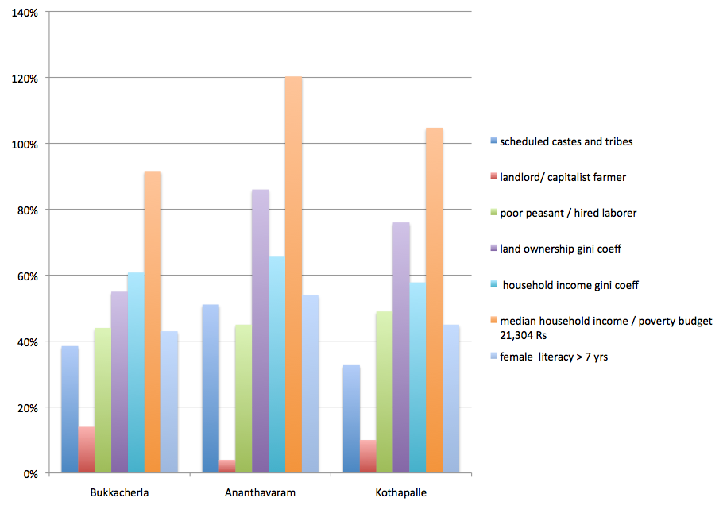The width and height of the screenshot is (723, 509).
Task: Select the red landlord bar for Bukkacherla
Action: tap(86, 450)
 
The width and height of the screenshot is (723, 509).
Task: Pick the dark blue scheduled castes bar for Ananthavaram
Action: tap(211, 389)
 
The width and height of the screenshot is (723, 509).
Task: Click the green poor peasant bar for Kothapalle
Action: tap(385, 392)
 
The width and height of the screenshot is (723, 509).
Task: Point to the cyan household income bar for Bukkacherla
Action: tap(136, 373)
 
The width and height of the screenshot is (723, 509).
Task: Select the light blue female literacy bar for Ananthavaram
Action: tap(310, 384)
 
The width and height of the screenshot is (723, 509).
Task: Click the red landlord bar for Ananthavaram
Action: tap(227, 466)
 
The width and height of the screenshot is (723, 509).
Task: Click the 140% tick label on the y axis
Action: tap(26, 13)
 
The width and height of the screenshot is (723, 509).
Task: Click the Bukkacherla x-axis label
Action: tap(119, 492)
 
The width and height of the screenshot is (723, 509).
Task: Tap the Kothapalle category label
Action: tap(402, 492)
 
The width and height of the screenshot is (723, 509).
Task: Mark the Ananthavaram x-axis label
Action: tap(261, 492)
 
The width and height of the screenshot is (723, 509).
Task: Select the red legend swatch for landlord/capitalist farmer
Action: tap(493, 177)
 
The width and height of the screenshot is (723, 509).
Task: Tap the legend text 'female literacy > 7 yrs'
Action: tap(554, 357)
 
